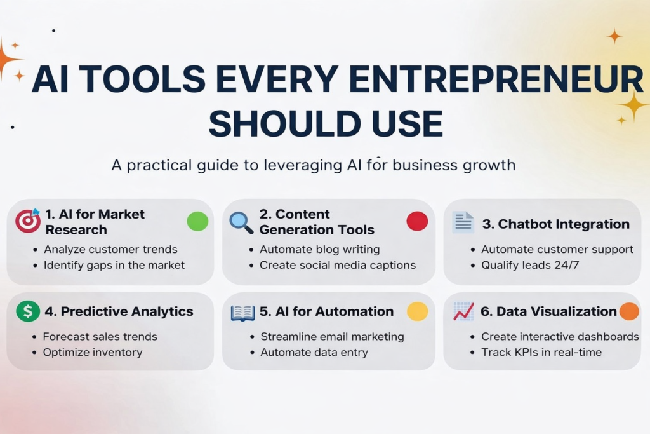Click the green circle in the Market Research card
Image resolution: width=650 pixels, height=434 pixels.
[x=197, y=221]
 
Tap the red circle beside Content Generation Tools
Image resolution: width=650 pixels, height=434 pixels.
[x=417, y=221]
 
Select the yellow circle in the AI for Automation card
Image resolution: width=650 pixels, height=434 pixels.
[x=417, y=311]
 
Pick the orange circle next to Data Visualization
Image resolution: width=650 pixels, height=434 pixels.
[x=628, y=311]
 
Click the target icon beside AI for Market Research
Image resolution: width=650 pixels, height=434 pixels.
[x=27, y=220]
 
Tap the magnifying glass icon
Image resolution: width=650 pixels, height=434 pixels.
[x=241, y=221]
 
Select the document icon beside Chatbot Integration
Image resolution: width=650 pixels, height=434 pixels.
[x=463, y=222]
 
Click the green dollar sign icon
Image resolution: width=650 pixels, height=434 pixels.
[x=27, y=311]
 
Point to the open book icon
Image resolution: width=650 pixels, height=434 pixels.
[x=242, y=312]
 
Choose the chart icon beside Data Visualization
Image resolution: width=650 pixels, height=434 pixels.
[x=463, y=311]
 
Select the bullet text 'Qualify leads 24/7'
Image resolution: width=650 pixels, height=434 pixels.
[x=530, y=265]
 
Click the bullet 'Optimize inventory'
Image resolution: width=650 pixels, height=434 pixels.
[x=93, y=352]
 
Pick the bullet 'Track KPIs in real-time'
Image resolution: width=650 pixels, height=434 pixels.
[x=541, y=352]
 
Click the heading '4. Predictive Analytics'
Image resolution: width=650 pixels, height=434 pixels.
[x=119, y=311]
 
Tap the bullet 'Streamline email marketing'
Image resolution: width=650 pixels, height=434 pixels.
[x=332, y=336]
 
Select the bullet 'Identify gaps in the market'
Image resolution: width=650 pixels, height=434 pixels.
[x=114, y=265]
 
